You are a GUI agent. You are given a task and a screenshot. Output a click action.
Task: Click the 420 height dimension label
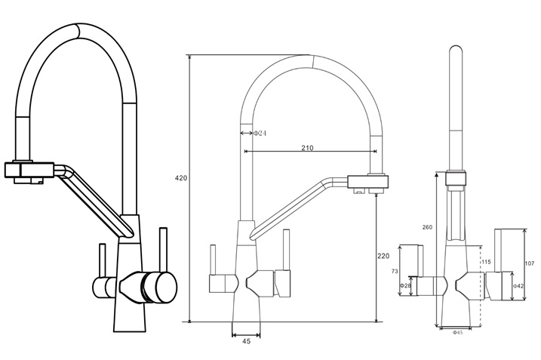[181, 179]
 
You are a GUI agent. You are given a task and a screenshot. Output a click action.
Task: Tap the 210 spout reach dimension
[307, 148]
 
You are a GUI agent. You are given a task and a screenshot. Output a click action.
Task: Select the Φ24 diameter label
[259, 133]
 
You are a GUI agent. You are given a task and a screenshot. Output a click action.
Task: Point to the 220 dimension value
[383, 256]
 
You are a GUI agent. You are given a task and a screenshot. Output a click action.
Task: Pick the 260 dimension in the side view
[427, 227]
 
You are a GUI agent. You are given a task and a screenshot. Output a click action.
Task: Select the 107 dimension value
[529, 263]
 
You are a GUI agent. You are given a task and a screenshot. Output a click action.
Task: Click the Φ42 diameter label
[518, 286]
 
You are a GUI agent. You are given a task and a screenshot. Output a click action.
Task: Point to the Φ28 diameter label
[405, 285]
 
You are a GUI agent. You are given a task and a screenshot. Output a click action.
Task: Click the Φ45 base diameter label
[457, 332]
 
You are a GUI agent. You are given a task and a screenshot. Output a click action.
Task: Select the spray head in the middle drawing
[370, 182]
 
